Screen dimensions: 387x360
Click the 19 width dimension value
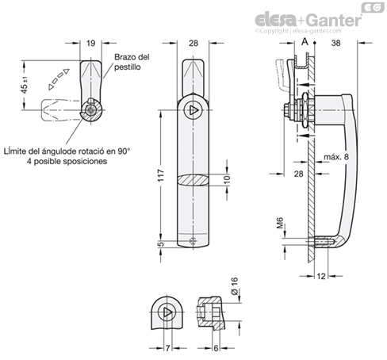(90, 43)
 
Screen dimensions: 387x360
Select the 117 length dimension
(161, 175)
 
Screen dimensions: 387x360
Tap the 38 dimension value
(335, 43)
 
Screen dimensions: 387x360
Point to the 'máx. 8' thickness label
(336, 157)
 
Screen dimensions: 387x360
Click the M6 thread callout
(280, 223)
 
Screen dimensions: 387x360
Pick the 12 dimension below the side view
(321, 276)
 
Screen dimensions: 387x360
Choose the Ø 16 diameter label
(235, 285)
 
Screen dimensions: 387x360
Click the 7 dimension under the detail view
(167, 348)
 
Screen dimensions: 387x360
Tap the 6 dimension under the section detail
(216, 348)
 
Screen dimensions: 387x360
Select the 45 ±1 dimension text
(25, 86)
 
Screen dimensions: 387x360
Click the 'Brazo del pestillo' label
(132, 62)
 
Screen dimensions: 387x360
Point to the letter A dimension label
(305, 42)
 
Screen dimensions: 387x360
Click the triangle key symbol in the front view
(193, 110)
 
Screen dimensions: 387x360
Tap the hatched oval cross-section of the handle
(193, 180)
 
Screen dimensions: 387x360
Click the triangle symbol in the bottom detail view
(167, 312)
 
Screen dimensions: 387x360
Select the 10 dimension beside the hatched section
(227, 179)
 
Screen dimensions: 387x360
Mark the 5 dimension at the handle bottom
(161, 244)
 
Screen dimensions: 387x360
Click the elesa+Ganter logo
(308, 20)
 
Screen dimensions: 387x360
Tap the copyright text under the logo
(298, 31)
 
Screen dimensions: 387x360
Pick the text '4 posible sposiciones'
(67, 161)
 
